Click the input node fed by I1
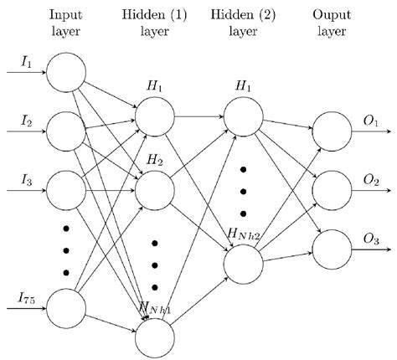67,73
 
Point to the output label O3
371,239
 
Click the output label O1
371,121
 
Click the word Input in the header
66,16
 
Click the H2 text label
153,159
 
